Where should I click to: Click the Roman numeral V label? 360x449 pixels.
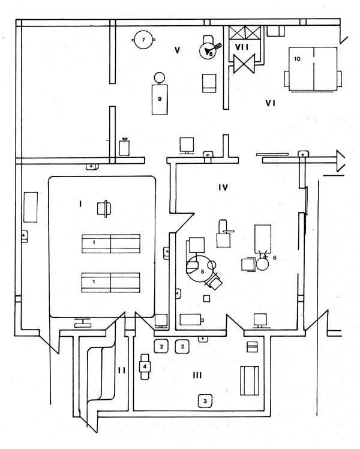coord(177,50)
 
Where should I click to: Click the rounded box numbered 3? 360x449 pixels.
coord(205,400)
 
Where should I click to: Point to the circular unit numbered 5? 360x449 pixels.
coord(201,271)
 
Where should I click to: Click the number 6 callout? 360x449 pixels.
coord(274,256)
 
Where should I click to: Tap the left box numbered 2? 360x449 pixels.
coord(161,346)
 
